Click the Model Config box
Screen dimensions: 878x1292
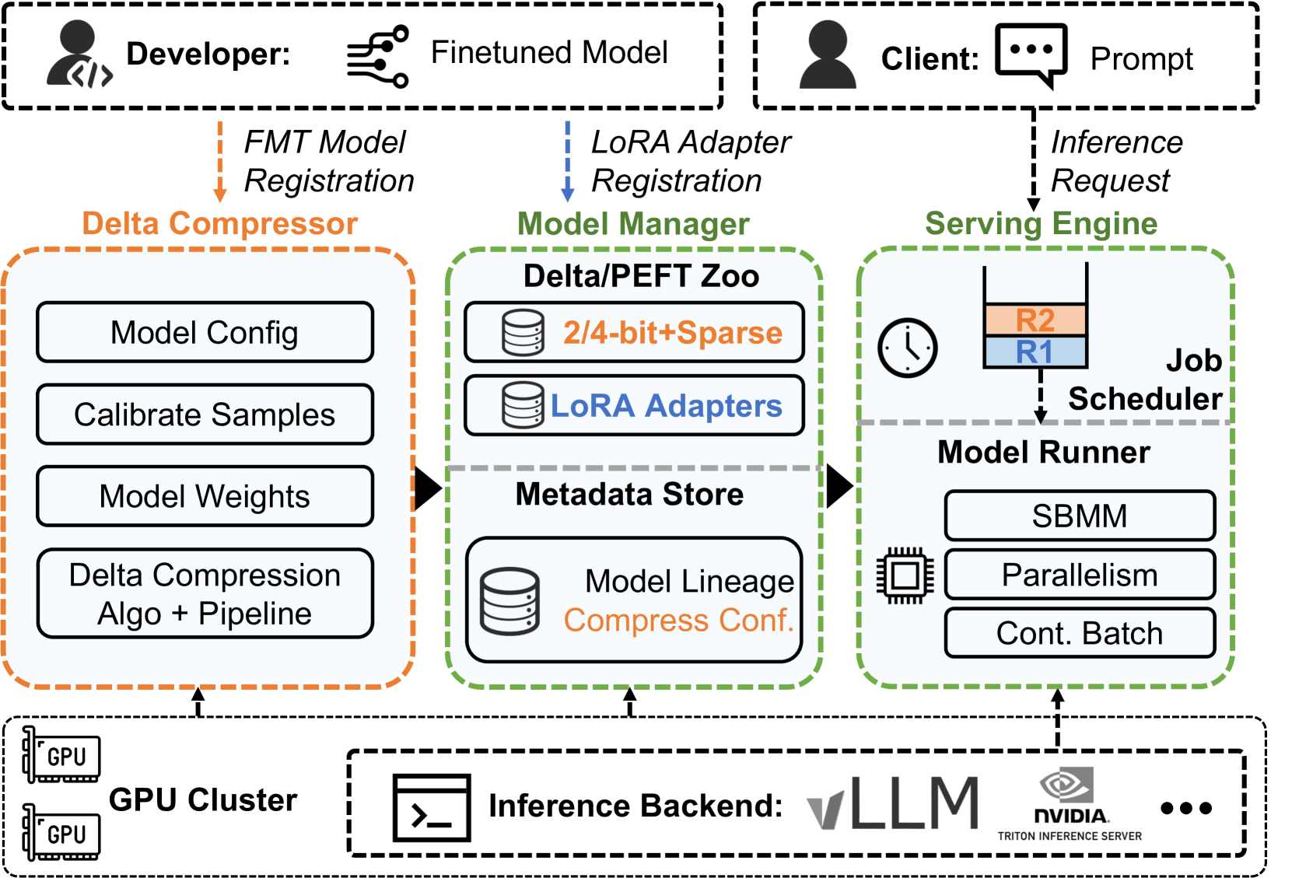coord(205,333)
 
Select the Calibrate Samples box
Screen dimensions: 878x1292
coord(205,415)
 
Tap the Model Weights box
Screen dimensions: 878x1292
coord(205,496)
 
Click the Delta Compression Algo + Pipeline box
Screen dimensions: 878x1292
coord(205,594)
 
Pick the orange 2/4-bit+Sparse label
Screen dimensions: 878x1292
coord(673,333)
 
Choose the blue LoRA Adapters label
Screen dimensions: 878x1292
coord(666,406)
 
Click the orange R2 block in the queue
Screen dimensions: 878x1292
coord(1035,320)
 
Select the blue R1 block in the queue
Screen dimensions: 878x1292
coord(1035,352)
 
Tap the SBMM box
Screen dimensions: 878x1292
coord(1080,516)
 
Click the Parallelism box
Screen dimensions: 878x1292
coord(1080,575)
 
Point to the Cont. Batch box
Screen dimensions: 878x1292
coord(1080,633)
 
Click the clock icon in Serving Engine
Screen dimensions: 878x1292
coord(908,348)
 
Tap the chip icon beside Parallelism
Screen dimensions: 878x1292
coord(905,576)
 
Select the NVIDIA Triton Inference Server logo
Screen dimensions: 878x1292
coord(1070,805)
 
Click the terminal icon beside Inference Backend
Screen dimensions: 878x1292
coord(432,807)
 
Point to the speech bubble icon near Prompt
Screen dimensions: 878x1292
coord(1031,54)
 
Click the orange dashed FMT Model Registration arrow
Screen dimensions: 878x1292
coord(220,161)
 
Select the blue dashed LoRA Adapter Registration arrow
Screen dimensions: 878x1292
coord(568,161)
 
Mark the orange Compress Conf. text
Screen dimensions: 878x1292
coord(678,621)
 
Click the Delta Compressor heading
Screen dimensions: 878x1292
coord(220,224)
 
